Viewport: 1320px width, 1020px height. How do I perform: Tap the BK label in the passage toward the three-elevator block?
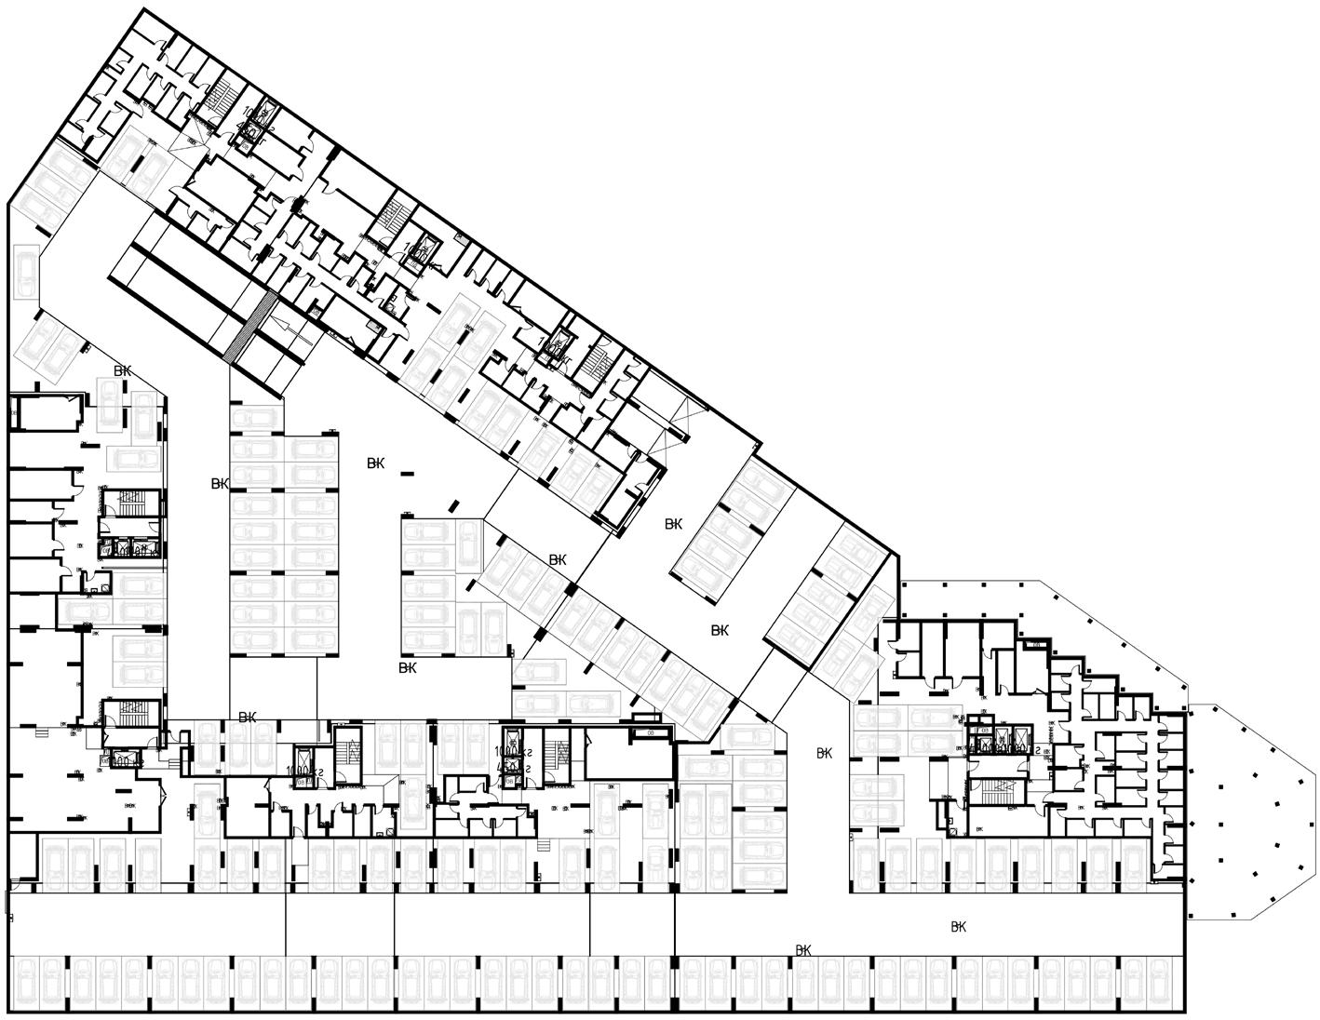pos(824,753)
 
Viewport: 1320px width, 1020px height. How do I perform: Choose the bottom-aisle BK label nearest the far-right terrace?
pos(959,927)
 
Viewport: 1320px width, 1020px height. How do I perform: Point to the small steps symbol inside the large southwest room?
pos(39,733)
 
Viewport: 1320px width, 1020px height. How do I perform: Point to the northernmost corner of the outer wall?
pos(146,9)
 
